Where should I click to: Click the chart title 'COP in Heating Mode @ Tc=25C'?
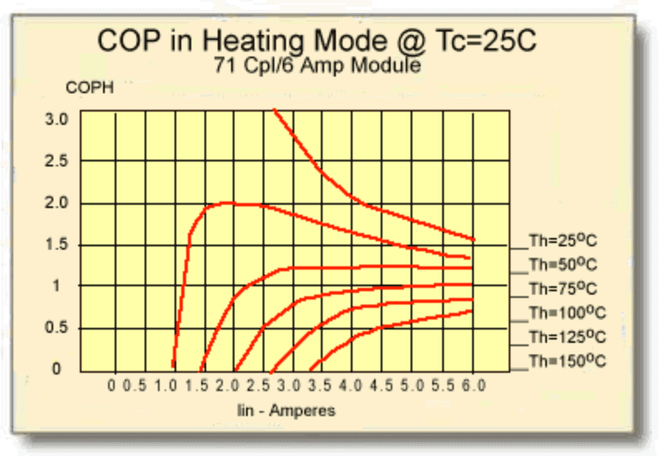point(317,40)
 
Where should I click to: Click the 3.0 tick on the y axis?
point(57,119)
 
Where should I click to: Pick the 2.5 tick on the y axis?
point(57,161)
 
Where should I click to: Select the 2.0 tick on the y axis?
point(57,203)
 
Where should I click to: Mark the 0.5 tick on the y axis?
point(57,327)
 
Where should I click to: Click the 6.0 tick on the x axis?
point(473,386)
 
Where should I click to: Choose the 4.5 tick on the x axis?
point(382,386)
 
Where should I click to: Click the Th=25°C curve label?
point(563,242)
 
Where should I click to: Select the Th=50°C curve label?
point(563,265)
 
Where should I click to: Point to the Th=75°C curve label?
point(563,290)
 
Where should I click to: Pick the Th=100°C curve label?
point(567,314)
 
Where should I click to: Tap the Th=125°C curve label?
point(567,338)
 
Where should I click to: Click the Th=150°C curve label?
point(567,362)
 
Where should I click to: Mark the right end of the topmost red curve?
point(474,240)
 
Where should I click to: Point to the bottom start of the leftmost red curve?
point(173,365)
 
